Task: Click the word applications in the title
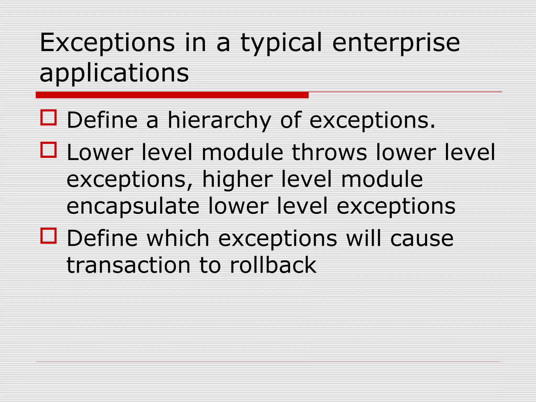114,73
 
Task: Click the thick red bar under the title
172,95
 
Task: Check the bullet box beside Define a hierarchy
49,118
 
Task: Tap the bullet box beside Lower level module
49,150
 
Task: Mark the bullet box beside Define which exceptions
49,236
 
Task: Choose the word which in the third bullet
178,238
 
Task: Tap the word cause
422,238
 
